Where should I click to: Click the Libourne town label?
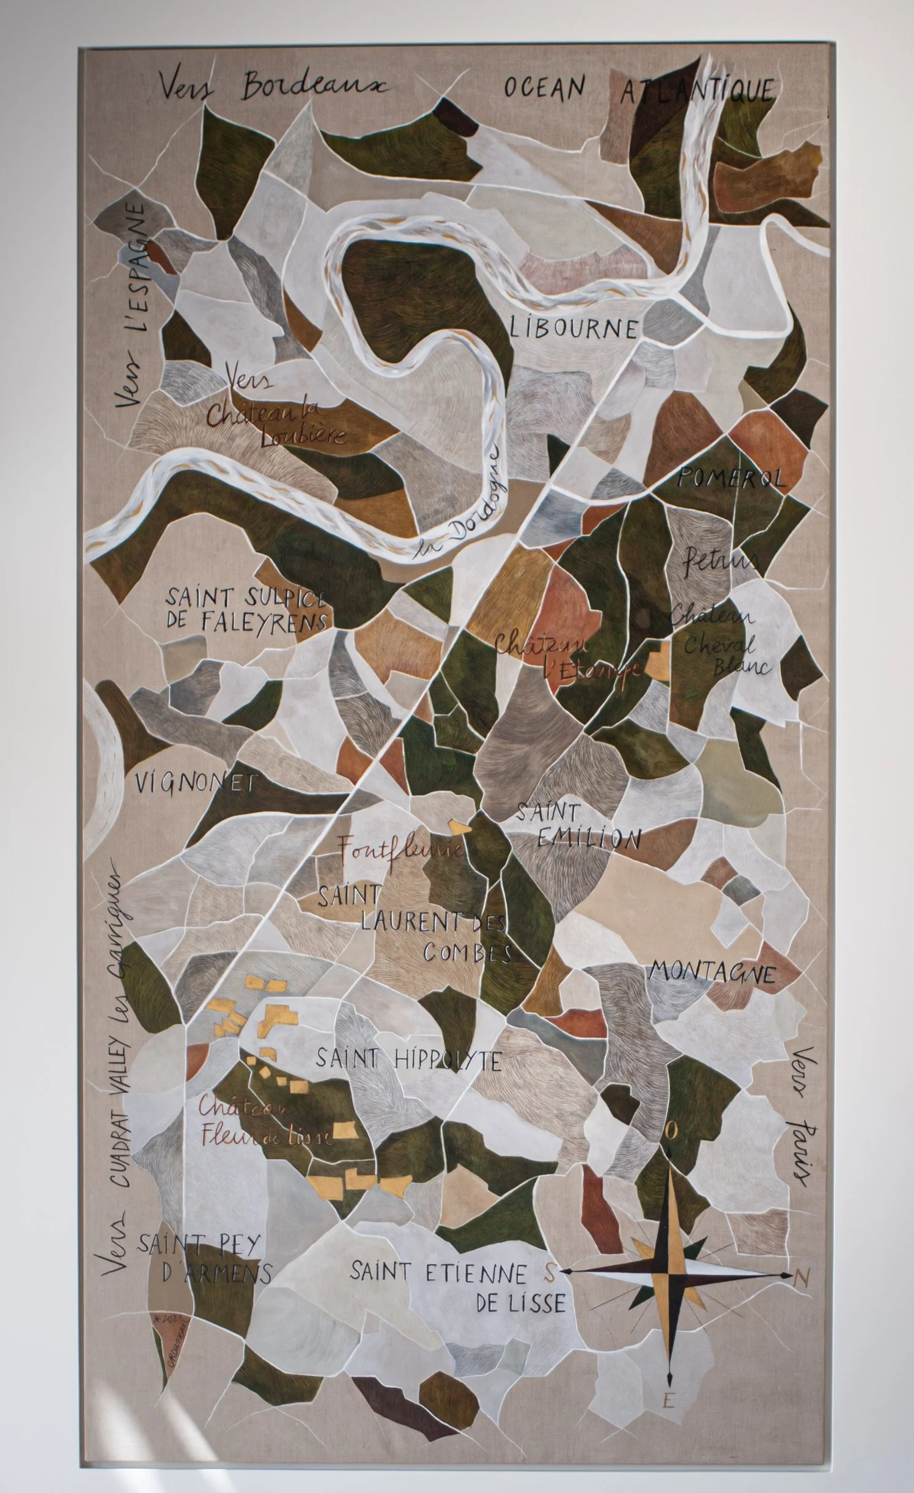pos(573,328)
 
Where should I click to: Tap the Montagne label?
pos(712,971)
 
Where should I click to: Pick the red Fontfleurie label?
pos(400,848)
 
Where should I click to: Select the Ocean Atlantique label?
pos(638,89)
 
